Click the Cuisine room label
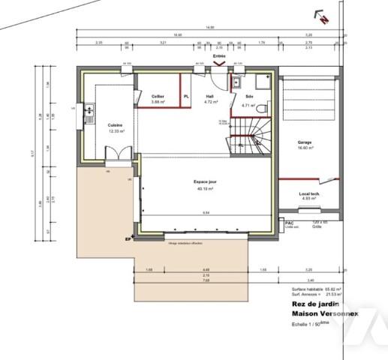point(115,124)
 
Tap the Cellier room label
point(158,97)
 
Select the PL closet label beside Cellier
point(186,97)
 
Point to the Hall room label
point(210,97)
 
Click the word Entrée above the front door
point(219,56)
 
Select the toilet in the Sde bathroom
point(262,81)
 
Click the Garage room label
point(305,142)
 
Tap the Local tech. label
point(309,193)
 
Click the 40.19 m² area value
point(205,189)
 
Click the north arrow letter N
point(321,22)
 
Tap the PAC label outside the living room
point(288,222)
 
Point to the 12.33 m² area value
point(116,130)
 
